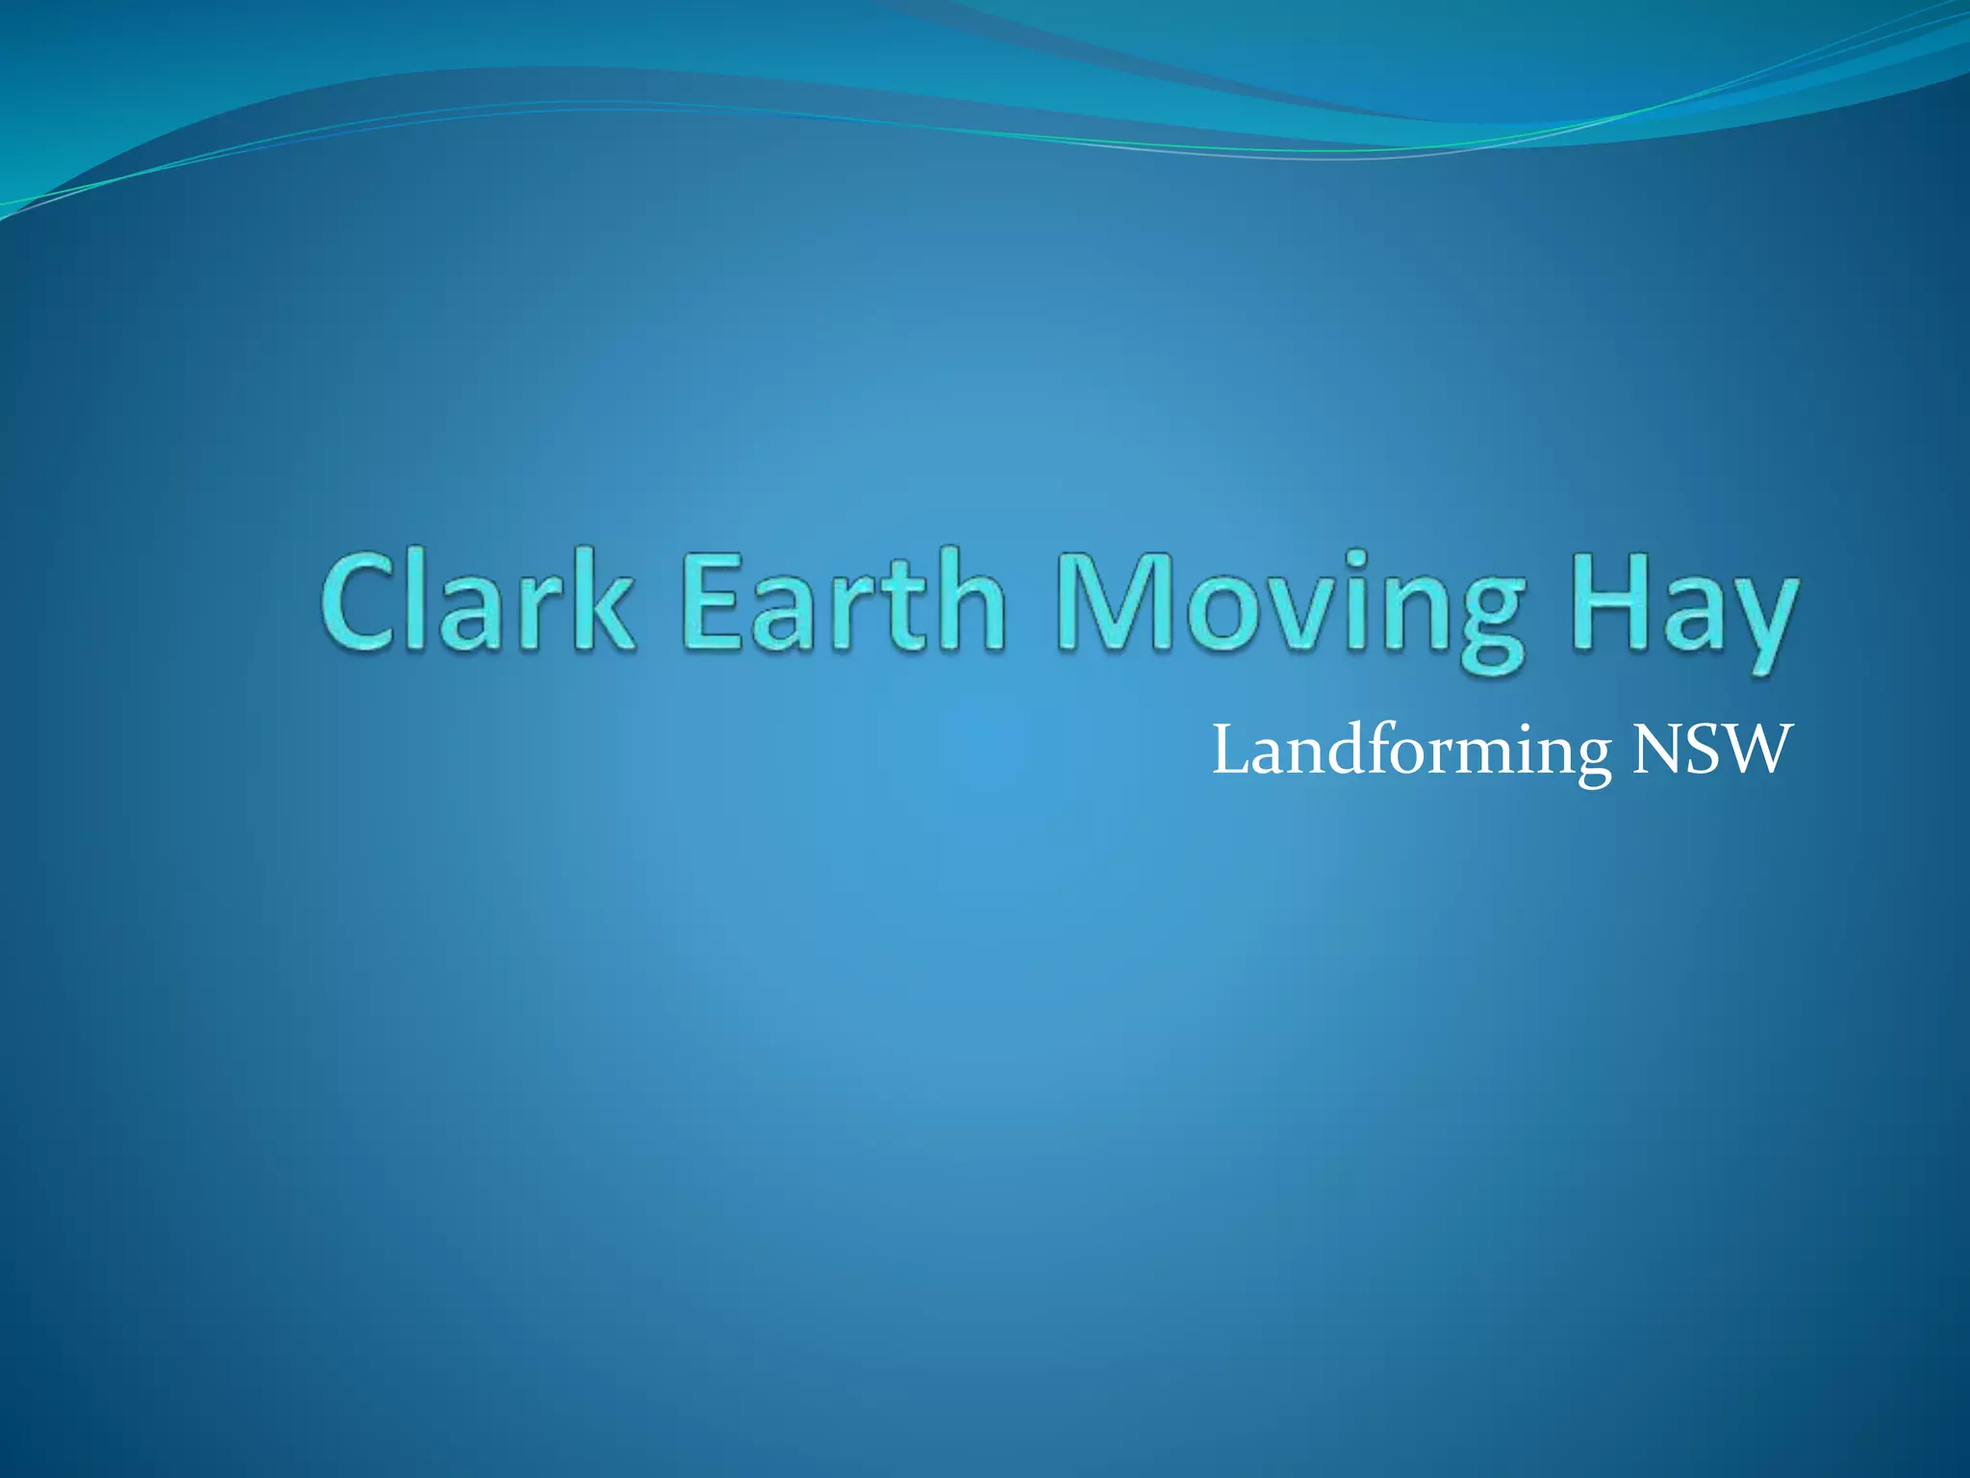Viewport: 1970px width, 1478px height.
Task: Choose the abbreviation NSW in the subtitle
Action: [1712, 750]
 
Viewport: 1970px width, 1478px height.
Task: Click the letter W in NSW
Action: [1756, 751]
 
